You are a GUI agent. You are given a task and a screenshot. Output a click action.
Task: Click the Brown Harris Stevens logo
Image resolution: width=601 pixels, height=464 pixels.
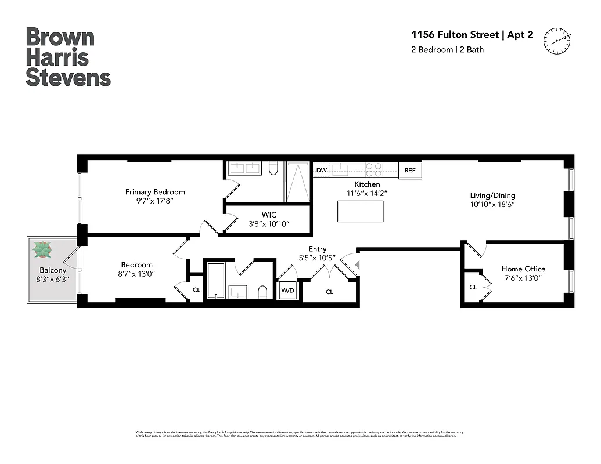click(x=68, y=57)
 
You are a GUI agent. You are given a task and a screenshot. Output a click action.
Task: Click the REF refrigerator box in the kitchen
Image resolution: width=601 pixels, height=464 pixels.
click(x=410, y=170)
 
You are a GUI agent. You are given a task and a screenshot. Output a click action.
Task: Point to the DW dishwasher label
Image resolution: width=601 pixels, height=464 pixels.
click(x=321, y=171)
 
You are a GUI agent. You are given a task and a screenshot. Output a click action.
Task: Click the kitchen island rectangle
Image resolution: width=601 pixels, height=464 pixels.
click(x=360, y=211)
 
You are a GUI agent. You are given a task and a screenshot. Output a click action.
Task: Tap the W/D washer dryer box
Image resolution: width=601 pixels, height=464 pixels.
click(x=287, y=290)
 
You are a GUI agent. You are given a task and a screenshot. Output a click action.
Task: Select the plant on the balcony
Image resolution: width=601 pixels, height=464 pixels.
click(x=42, y=250)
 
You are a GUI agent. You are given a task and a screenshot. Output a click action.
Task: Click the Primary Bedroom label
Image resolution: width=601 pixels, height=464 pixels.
click(x=155, y=192)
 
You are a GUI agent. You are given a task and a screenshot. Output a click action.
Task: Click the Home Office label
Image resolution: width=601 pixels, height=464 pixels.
click(x=523, y=269)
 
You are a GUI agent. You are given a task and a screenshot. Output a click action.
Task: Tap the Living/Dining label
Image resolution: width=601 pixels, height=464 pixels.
click(x=492, y=195)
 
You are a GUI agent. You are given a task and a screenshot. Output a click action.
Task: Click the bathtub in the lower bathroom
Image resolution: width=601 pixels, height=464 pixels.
click(x=215, y=281)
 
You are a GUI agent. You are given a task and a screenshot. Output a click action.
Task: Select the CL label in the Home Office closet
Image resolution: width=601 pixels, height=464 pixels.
click(x=473, y=287)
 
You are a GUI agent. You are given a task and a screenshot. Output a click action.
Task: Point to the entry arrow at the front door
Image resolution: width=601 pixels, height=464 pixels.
click(x=358, y=265)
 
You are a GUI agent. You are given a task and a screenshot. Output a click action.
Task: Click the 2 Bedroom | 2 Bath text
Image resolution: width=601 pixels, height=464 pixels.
click(x=447, y=50)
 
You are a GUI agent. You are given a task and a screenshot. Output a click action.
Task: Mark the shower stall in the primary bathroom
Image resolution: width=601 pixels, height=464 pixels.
click(x=297, y=181)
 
